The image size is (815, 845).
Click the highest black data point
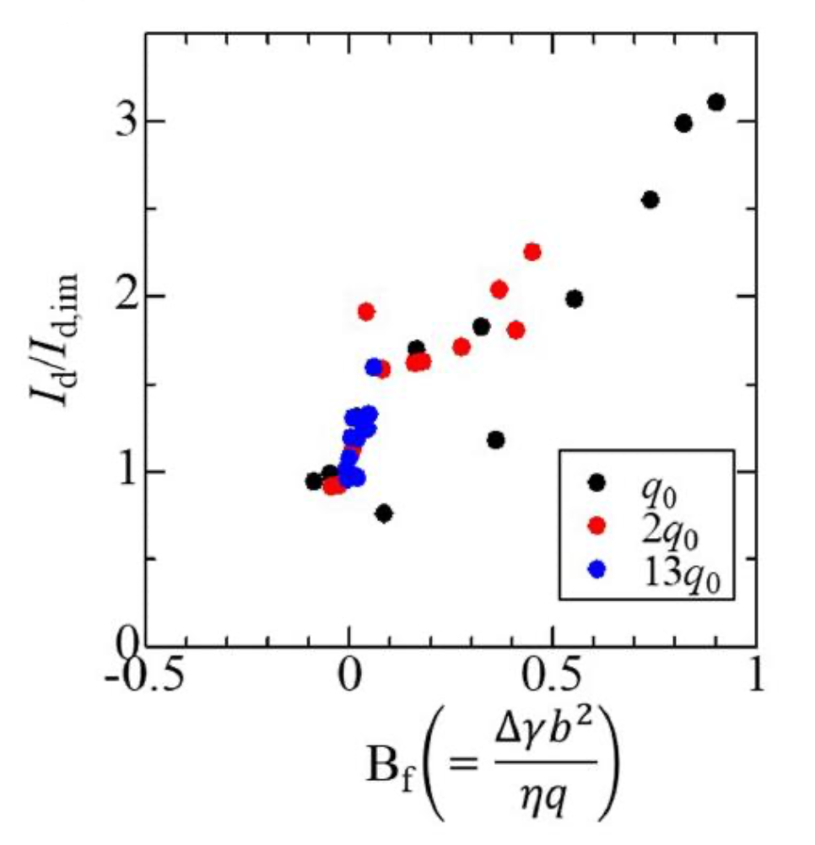click(716, 102)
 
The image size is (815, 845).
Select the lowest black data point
click(384, 514)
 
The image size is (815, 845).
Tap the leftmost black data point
click(313, 482)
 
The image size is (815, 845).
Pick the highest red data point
click(532, 252)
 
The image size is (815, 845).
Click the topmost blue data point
click(374, 367)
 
